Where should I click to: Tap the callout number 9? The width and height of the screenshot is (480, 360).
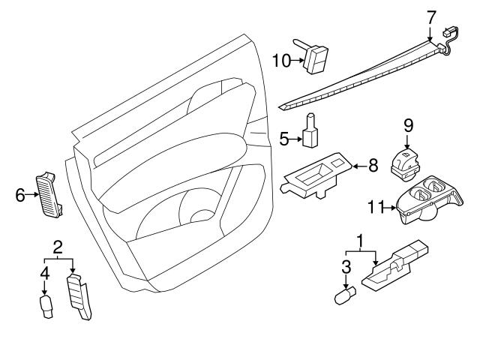coord(408,124)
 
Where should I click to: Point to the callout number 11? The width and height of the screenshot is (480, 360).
coord(376,205)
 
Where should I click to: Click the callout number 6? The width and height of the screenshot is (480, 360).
coord(20,195)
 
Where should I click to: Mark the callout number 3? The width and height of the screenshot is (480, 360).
coord(346,266)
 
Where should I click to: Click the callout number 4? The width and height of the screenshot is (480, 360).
coord(44,274)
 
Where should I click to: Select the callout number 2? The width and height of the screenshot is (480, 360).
coord(58,247)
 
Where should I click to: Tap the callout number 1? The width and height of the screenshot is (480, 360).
coord(363,241)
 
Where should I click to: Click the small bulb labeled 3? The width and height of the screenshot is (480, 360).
coord(344,296)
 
